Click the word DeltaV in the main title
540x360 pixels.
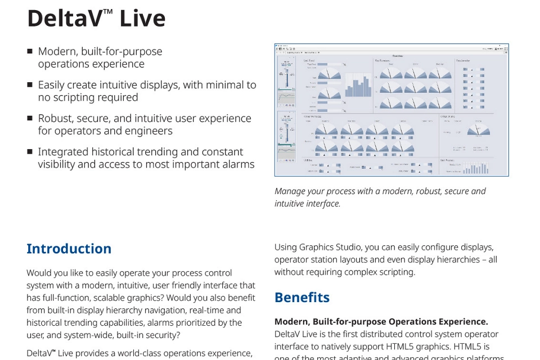pos(64,18)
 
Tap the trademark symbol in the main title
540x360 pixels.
pos(108,11)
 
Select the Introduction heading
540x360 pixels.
pos(69,249)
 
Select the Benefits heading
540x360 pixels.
pos(301,297)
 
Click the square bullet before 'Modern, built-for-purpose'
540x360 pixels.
pos(30,51)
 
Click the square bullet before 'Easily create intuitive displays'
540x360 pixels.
pos(30,85)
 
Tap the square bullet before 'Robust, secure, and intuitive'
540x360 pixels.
pos(30,118)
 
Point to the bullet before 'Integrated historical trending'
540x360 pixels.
pos(30,152)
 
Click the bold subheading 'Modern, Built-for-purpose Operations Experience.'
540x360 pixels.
pos(381,322)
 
